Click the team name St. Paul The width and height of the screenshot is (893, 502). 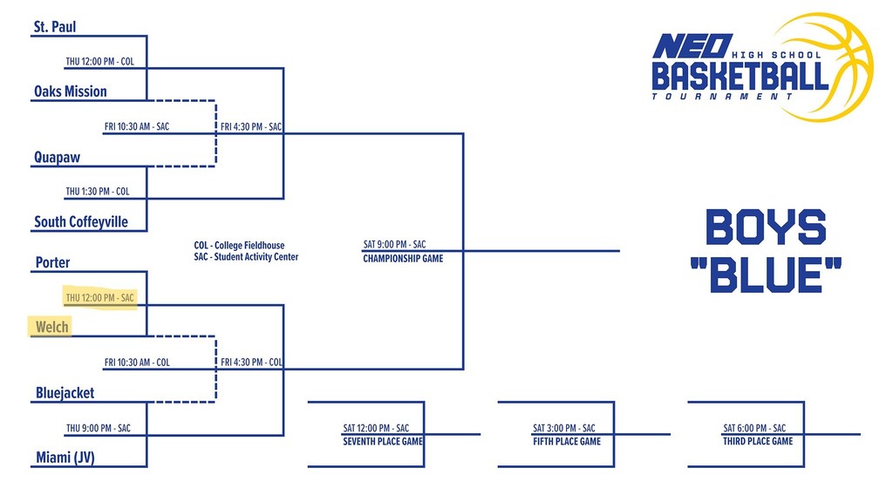pyautogui.click(x=55, y=27)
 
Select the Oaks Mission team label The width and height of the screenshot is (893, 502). pyautogui.click(x=71, y=92)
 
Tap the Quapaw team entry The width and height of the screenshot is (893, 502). pyautogui.click(x=58, y=158)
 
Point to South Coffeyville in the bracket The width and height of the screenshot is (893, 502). pyautogui.click(x=81, y=222)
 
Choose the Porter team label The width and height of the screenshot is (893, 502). pyautogui.click(x=52, y=262)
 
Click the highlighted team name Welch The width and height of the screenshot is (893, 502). pyautogui.click(x=51, y=327)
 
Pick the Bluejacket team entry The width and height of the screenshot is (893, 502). pyautogui.click(x=65, y=393)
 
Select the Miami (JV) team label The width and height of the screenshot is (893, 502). pyautogui.click(x=65, y=458)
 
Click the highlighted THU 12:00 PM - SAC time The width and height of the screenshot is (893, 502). pyautogui.click(x=99, y=298)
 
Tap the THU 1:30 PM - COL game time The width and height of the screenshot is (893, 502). pyautogui.click(x=98, y=192)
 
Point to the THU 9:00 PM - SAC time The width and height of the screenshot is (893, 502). pyautogui.click(x=98, y=428)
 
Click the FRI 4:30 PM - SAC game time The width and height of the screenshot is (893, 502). pyautogui.click(x=251, y=127)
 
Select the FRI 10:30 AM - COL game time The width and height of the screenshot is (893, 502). pyautogui.click(x=137, y=363)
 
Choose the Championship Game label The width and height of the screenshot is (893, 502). pyautogui.click(x=403, y=259)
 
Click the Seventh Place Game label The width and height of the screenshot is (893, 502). pyautogui.click(x=383, y=442)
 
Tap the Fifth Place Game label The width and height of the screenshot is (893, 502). pyautogui.click(x=567, y=442)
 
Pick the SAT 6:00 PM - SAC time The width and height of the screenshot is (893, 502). pyautogui.click(x=754, y=428)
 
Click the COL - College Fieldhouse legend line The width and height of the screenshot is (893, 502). pyautogui.click(x=239, y=246)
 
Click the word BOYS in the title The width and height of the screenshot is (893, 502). pyautogui.click(x=765, y=228)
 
